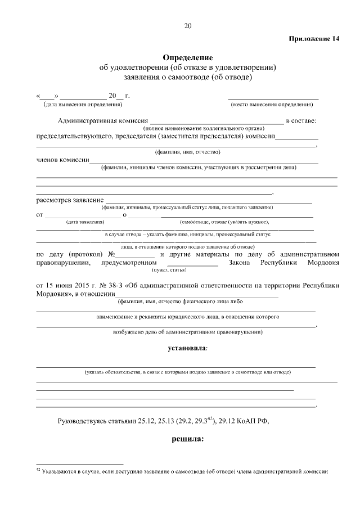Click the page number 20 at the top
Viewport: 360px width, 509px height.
pos(188,25)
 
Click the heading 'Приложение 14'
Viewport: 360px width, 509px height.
pos(314,39)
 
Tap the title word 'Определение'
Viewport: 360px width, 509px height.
pos(188,57)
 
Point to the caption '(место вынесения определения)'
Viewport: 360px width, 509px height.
pos(272,104)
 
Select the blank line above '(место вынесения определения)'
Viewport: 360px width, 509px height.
pos(273,98)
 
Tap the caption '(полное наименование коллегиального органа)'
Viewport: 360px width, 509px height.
pos(217,129)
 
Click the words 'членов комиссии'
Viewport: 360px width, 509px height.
pos(62,160)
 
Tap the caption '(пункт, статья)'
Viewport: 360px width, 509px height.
pos(192,269)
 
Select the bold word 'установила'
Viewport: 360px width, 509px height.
pos(187,349)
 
